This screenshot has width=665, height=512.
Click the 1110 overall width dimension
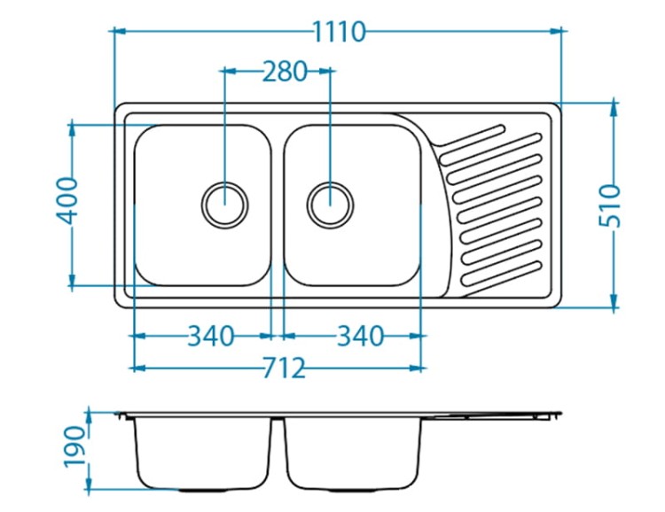coord(339,32)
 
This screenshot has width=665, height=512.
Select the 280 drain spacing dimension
coord(284,71)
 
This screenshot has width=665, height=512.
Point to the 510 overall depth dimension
coord(609,206)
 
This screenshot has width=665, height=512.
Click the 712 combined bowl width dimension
coord(284,368)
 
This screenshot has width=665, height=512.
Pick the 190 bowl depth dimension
coord(74,446)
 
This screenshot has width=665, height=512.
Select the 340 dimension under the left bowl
coord(210,336)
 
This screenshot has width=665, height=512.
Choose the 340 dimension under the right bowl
coord(360,336)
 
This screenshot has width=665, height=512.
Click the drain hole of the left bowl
coord(225,205)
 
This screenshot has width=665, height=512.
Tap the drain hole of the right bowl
coord(330,205)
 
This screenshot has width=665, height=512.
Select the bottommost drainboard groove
coord(501,274)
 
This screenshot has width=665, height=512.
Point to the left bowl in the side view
coord(203,454)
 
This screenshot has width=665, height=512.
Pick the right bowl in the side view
coord(353,454)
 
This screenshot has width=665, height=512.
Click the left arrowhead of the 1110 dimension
coord(121,31)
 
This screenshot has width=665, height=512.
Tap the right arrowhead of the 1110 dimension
coord(556,31)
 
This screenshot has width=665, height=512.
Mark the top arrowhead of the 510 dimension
coord(614,109)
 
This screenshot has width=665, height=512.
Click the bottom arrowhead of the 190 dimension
coord(89,483)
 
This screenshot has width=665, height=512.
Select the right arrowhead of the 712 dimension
coord(416,368)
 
